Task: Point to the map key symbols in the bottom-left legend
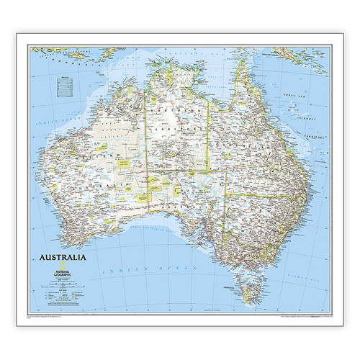[x=61, y=294]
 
